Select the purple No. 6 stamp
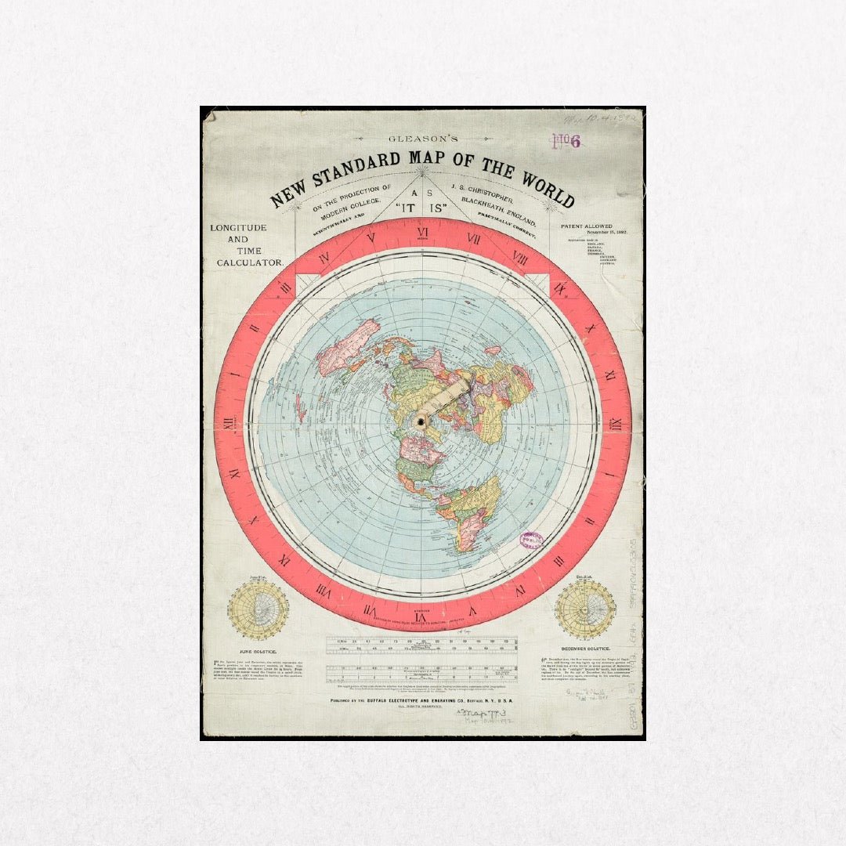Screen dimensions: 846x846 (x=566, y=142)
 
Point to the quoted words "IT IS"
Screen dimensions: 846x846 (x=422, y=210)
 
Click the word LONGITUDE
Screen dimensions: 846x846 (x=238, y=228)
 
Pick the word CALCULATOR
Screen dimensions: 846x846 (x=250, y=262)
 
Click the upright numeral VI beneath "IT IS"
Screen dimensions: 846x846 (x=422, y=233)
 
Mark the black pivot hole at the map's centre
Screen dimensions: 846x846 (x=421, y=422)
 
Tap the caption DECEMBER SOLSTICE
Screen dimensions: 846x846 (x=585, y=649)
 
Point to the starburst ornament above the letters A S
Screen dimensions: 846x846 (x=422, y=170)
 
